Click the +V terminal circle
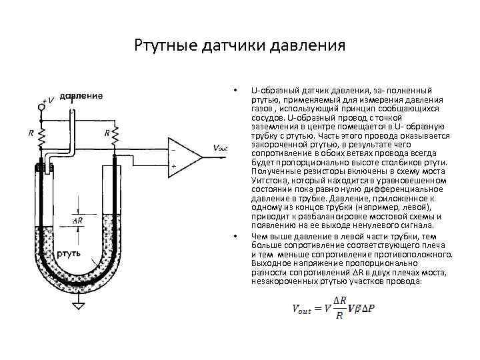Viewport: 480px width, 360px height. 41,105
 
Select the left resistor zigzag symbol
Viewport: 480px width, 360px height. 41,137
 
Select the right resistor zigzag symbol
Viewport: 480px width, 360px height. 115,137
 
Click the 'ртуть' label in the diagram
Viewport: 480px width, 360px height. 69,254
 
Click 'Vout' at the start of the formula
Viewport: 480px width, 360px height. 303,309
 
